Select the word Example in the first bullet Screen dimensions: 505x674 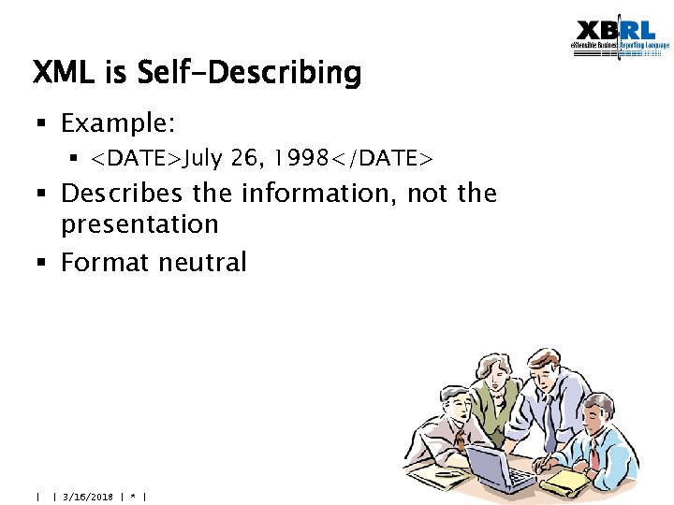(114, 123)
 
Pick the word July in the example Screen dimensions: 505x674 (203, 158)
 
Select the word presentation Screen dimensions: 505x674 (139, 224)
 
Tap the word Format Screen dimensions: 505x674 (104, 263)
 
